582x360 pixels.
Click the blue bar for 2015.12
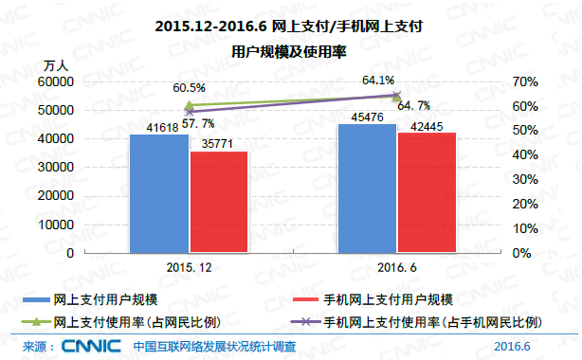(159, 193)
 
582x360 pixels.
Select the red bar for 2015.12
(218, 202)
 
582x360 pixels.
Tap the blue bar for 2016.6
(367, 188)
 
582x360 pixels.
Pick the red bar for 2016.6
(426, 192)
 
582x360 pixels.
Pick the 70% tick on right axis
(525, 82)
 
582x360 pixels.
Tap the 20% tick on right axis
(525, 204)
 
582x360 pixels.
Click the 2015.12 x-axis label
(189, 268)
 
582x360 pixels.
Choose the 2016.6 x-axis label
(396, 268)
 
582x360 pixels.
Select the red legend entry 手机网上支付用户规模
(390, 300)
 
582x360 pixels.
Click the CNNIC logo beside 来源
(92, 347)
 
